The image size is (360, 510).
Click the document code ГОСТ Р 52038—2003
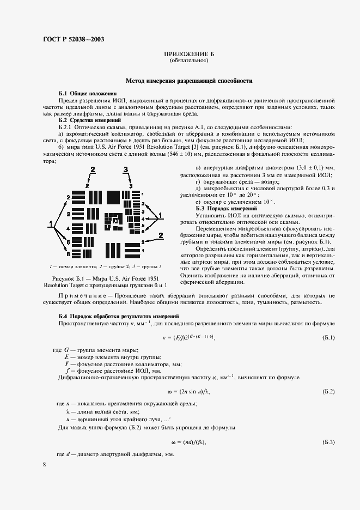coord(74,39)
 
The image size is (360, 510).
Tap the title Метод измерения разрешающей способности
coord(189,80)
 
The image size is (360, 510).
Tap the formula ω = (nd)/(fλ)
coord(189,441)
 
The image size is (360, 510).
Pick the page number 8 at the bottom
coord(44,464)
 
